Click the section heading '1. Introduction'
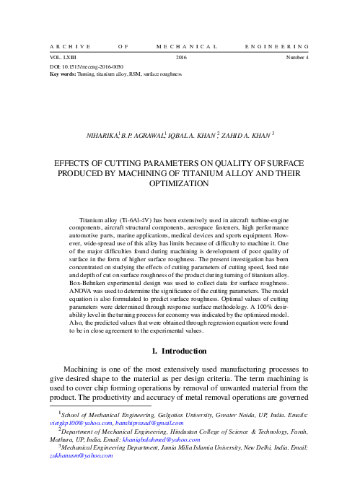[x=180, y=351]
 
